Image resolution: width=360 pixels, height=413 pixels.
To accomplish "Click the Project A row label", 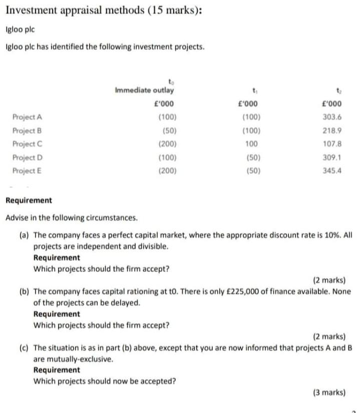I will (27, 117).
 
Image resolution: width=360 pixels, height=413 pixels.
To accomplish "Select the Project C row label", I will (27, 144).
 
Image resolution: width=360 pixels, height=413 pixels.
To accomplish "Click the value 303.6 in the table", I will (332, 117).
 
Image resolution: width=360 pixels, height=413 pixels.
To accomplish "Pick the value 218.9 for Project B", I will (332, 131).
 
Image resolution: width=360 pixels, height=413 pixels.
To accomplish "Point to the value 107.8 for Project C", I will (332, 144).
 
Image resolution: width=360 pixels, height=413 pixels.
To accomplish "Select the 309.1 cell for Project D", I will (332, 157).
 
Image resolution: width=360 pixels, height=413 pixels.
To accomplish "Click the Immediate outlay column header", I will (145, 91).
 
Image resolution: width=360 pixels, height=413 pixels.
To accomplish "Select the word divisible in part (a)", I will (154, 246).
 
